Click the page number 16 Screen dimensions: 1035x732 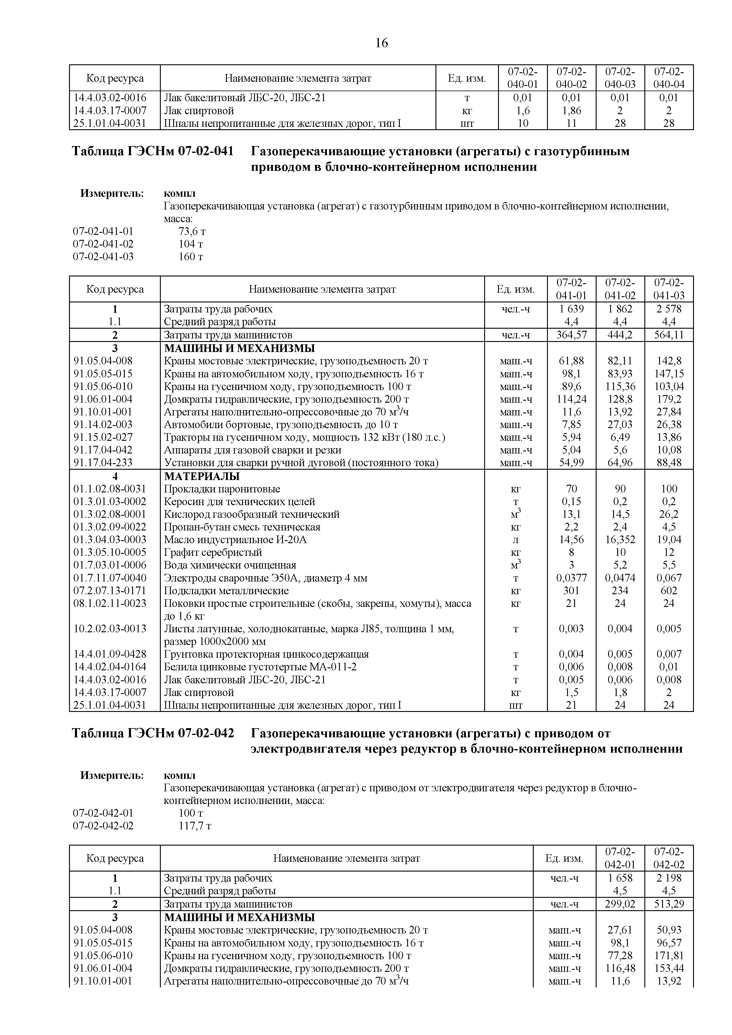[x=381, y=43]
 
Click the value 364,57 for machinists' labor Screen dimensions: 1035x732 [x=571, y=335]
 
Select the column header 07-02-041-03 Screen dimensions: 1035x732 [x=669, y=289]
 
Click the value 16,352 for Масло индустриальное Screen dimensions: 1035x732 [x=620, y=540]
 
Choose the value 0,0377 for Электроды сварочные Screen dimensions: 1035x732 [x=571, y=578]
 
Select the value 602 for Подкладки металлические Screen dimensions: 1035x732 [x=669, y=591]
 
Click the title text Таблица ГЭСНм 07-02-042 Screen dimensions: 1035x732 [x=153, y=733]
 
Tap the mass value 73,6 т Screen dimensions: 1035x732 [x=192, y=232]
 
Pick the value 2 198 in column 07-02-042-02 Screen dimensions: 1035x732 [x=669, y=878]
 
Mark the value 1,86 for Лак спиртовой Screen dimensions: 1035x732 [x=571, y=110]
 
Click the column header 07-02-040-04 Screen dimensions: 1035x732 [x=669, y=78]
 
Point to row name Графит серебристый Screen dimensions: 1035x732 [x=212, y=553]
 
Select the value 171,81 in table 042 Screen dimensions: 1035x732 [x=669, y=956]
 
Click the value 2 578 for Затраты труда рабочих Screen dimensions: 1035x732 [x=669, y=309]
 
